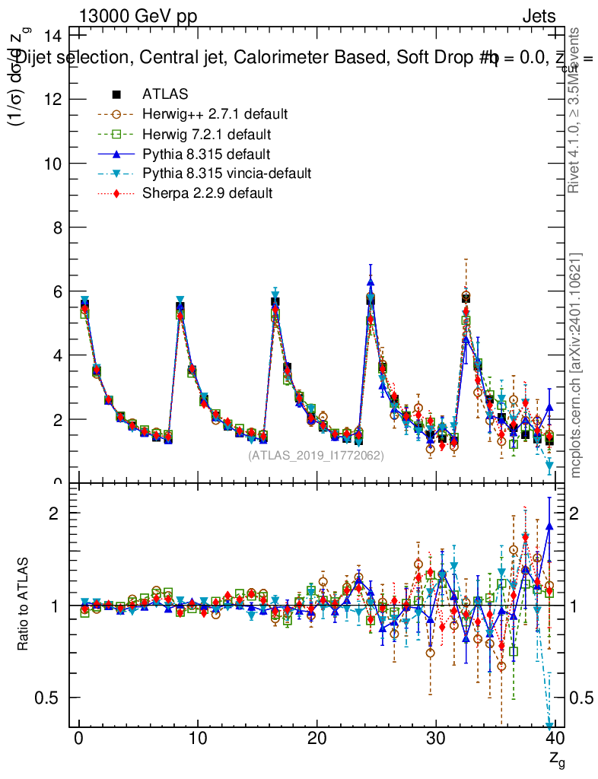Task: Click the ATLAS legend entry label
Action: tap(165, 94)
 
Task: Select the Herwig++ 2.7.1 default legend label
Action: tap(215, 114)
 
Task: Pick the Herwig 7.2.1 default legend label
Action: tap(207, 134)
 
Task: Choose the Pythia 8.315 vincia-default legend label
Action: tap(227, 173)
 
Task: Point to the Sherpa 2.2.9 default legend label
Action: tap(207, 193)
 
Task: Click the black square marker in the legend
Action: tap(117, 94)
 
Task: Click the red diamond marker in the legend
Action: tap(117, 193)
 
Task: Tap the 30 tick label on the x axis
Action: tap(436, 740)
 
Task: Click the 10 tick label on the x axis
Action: tap(198, 740)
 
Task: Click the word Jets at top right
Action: tap(539, 17)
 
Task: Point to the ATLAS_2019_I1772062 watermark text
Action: tap(316, 456)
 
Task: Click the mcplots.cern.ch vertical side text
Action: tap(577, 365)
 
